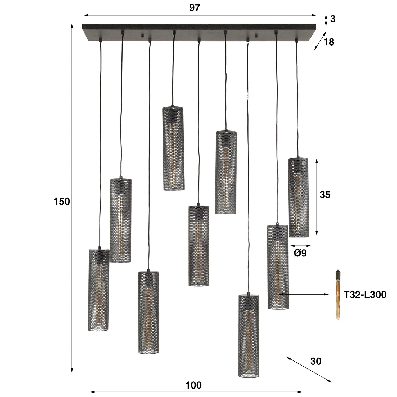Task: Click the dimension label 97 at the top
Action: pos(194,8)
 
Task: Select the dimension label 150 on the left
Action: pos(62,202)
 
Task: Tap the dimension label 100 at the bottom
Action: pos(193,385)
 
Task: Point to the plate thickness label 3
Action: pos(333,19)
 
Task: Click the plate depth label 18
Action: pos(329,42)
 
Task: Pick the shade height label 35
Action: pos(325,195)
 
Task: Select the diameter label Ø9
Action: pos(300,253)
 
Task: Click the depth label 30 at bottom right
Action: pos(315,361)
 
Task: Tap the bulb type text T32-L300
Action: pos(365,295)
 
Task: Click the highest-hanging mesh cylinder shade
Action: pos(173,148)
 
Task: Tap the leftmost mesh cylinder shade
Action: pos(98,290)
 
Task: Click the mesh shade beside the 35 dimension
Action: pos(298,197)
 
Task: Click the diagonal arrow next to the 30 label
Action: pos(309,369)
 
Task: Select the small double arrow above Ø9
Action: pos(300,246)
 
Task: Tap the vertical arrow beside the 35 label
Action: pos(317,197)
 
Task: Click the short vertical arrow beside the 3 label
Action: pos(326,20)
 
